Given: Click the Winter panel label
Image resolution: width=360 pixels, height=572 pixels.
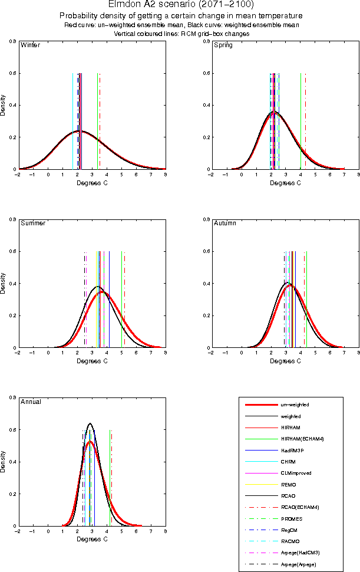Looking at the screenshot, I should pos(30,45).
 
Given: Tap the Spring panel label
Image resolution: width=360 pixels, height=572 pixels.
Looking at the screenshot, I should pos(223,45).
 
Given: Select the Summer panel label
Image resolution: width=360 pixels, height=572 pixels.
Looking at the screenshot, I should pos(33,223).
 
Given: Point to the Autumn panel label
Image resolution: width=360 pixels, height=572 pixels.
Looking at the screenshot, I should pos(224,223).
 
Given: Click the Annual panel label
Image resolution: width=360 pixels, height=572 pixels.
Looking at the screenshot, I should pos(31,402).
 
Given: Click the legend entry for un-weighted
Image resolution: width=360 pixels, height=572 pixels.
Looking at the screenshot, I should pos(294,405).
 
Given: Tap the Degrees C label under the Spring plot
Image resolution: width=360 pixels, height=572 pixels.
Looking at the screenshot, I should pos(285,183).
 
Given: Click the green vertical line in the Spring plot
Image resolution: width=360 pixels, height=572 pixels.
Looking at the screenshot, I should pos(301,121).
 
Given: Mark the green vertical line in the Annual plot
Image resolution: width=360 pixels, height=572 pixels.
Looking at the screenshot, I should pos(110,478).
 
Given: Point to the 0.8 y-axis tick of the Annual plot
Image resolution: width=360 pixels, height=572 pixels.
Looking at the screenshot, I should pos(12,398).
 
